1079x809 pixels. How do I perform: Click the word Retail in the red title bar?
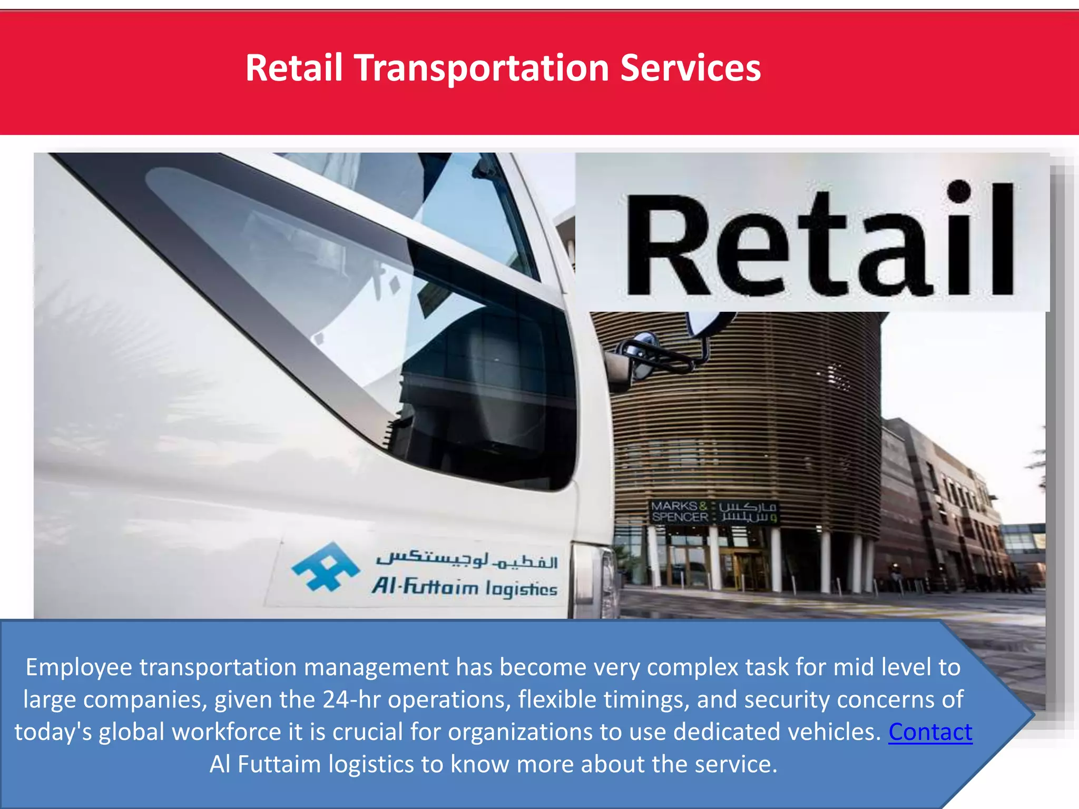pos(294,68)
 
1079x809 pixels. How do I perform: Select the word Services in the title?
pos(690,68)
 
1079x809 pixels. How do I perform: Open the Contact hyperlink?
pos(930,732)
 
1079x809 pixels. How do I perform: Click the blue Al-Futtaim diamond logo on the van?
pos(326,567)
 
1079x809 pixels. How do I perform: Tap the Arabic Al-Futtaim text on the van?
pos(466,559)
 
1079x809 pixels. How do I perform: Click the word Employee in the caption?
pos(79,667)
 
